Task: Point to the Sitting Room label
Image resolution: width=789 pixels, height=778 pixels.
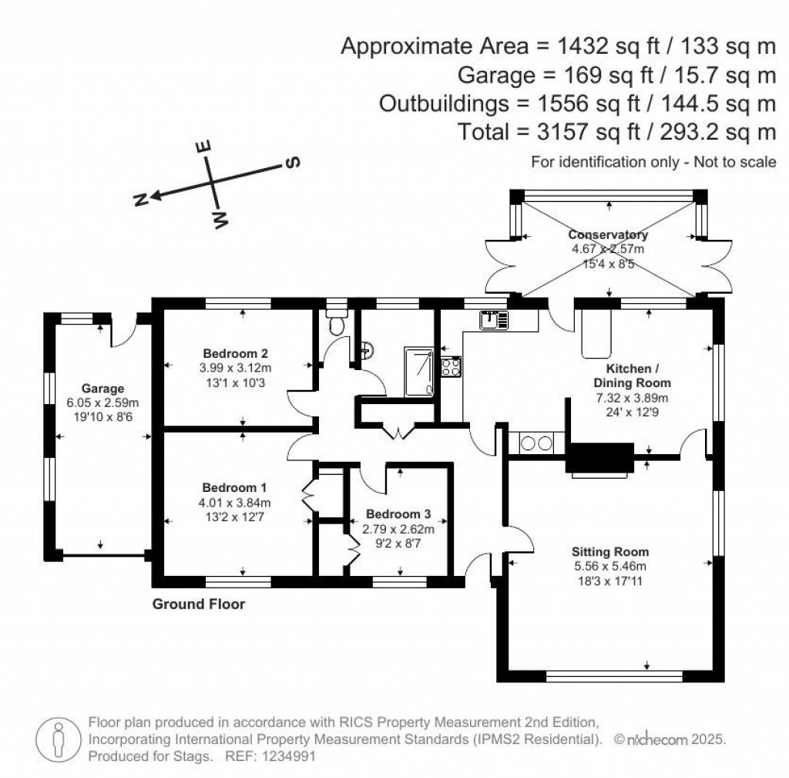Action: tap(609, 552)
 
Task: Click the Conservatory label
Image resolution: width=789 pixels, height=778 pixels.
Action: tap(608, 235)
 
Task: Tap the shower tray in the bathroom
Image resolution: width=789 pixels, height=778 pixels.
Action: tap(419, 370)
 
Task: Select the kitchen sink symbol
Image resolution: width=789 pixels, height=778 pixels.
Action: tap(494, 319)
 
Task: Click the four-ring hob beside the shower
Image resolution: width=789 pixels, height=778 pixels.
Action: tap(451, 366)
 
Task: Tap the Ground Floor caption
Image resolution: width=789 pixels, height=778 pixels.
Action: tap(199, 605)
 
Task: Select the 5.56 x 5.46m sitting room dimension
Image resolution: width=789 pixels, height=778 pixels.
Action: tap(609, 567)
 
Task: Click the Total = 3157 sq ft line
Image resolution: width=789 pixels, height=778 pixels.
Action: tap(616, 132)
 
